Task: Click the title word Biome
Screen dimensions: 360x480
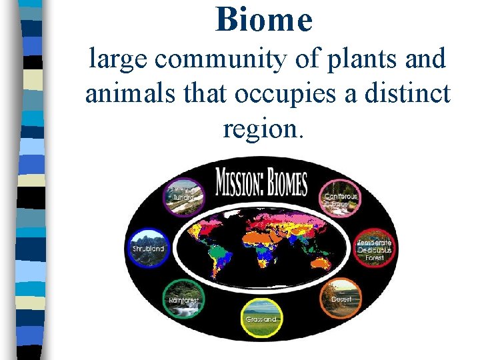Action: (x=264, y=19)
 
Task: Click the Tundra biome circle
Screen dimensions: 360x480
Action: (x=184, y=197)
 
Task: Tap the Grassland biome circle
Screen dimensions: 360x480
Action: (x=261, y=317)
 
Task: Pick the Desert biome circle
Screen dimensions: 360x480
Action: (x=340, y=297)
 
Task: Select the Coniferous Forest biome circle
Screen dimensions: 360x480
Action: (x=340, y=197)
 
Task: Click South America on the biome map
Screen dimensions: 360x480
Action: (x=224, y=260)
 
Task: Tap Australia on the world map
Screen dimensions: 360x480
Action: (x=321, y=264)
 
